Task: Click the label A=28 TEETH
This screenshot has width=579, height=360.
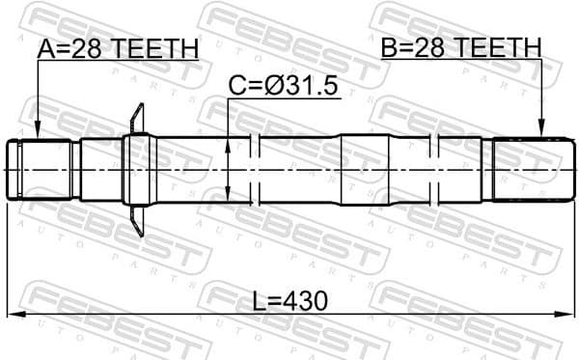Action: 118,47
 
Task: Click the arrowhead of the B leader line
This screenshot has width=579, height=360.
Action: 542,132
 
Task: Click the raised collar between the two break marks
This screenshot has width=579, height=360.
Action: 366,170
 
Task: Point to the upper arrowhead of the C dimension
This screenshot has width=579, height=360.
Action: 228,143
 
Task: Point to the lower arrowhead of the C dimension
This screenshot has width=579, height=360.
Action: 228,198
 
